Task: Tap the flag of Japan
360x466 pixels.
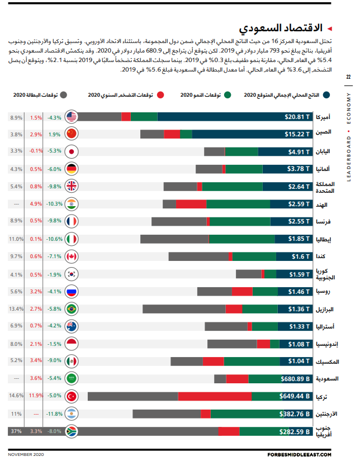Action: point(72,151)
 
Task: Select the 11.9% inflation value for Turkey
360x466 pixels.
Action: point(36,396)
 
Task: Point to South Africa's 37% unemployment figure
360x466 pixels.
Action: point(16,431)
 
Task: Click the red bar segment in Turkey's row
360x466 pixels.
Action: point(215,396)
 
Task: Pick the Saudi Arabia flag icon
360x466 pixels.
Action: point(72,379)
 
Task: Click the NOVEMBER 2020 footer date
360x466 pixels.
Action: point(26,455)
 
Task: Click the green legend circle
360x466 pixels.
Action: point(228,95)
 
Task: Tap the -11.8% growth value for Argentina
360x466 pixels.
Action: point(54,414)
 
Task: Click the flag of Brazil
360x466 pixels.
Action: point(72,309)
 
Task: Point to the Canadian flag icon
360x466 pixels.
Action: point(72,256)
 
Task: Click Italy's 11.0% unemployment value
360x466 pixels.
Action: point(16,239)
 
